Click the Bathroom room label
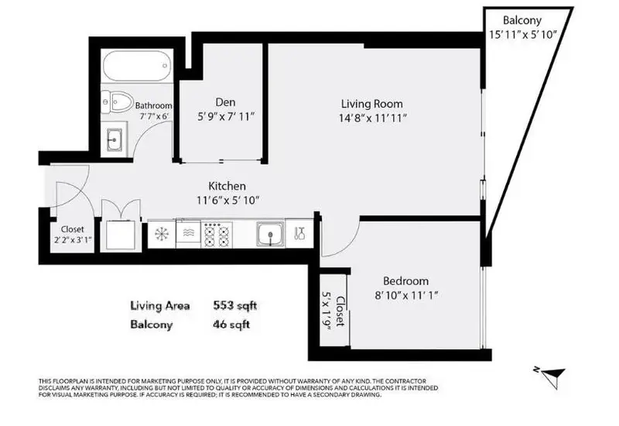point(153,105)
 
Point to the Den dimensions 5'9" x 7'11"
point(225,116)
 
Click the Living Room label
point(372,103)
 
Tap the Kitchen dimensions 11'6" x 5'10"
point(227,200)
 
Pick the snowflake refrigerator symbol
point(162,232)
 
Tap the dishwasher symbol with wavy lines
point(187,232)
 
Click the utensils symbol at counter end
point(300,232)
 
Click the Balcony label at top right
point(522,20)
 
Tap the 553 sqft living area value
point(234,305)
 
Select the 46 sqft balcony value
point(231,324)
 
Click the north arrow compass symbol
point(549,376)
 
